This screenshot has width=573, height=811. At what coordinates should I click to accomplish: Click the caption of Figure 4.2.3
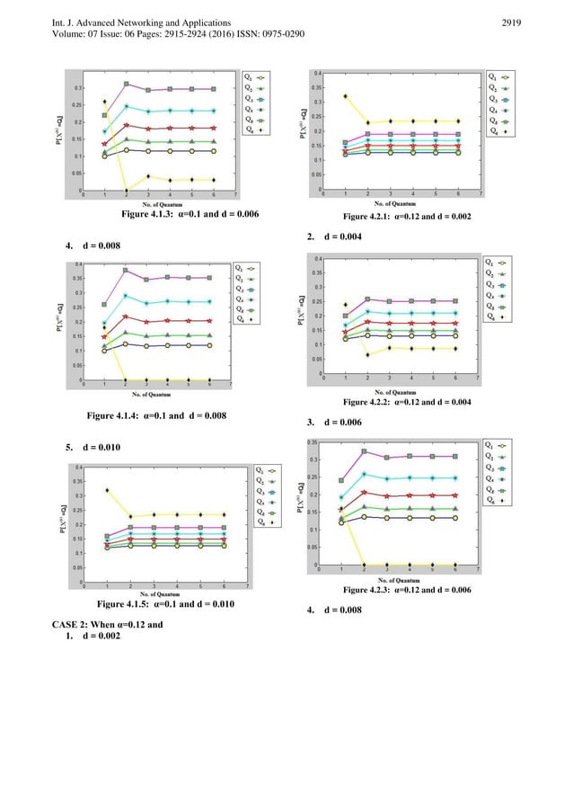[x=407, y=590]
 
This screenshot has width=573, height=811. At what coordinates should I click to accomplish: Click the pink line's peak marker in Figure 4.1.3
[x=127, y=84]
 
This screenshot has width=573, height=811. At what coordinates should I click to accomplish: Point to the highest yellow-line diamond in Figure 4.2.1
[x=345, y=95]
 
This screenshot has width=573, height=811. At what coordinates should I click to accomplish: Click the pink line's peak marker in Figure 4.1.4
[x=126, y=270]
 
